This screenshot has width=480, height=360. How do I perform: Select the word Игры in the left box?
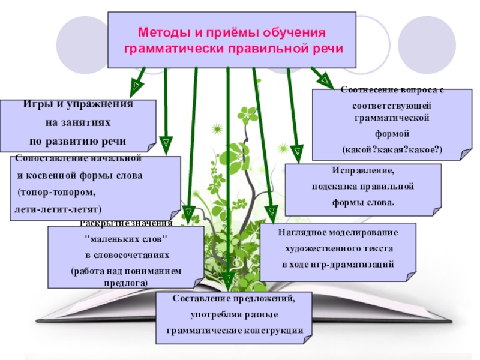(36, 104)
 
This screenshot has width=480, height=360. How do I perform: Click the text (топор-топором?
(56, 193)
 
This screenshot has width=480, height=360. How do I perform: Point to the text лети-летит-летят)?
(58, 209)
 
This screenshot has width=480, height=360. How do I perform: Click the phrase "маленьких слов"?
(127, 239)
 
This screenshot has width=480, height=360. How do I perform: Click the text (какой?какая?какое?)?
(392, 148)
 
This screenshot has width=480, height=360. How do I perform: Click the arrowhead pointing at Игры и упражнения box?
(136, 86)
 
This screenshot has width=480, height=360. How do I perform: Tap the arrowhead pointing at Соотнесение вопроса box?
(325, 80)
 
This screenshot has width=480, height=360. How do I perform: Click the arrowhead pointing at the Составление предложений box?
(228, 279)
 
